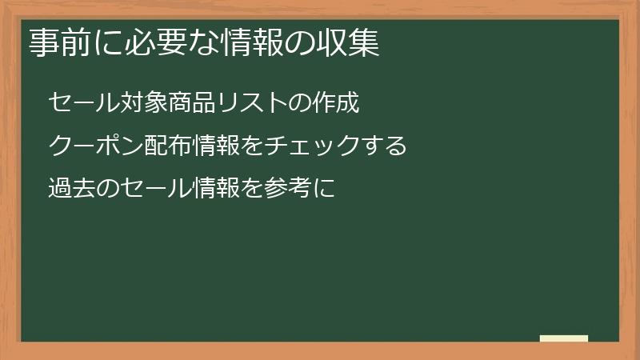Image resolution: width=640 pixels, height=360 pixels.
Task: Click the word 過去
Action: (x=71, y=190)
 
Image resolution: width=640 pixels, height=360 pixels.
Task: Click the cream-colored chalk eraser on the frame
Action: (x=564, y=338)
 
